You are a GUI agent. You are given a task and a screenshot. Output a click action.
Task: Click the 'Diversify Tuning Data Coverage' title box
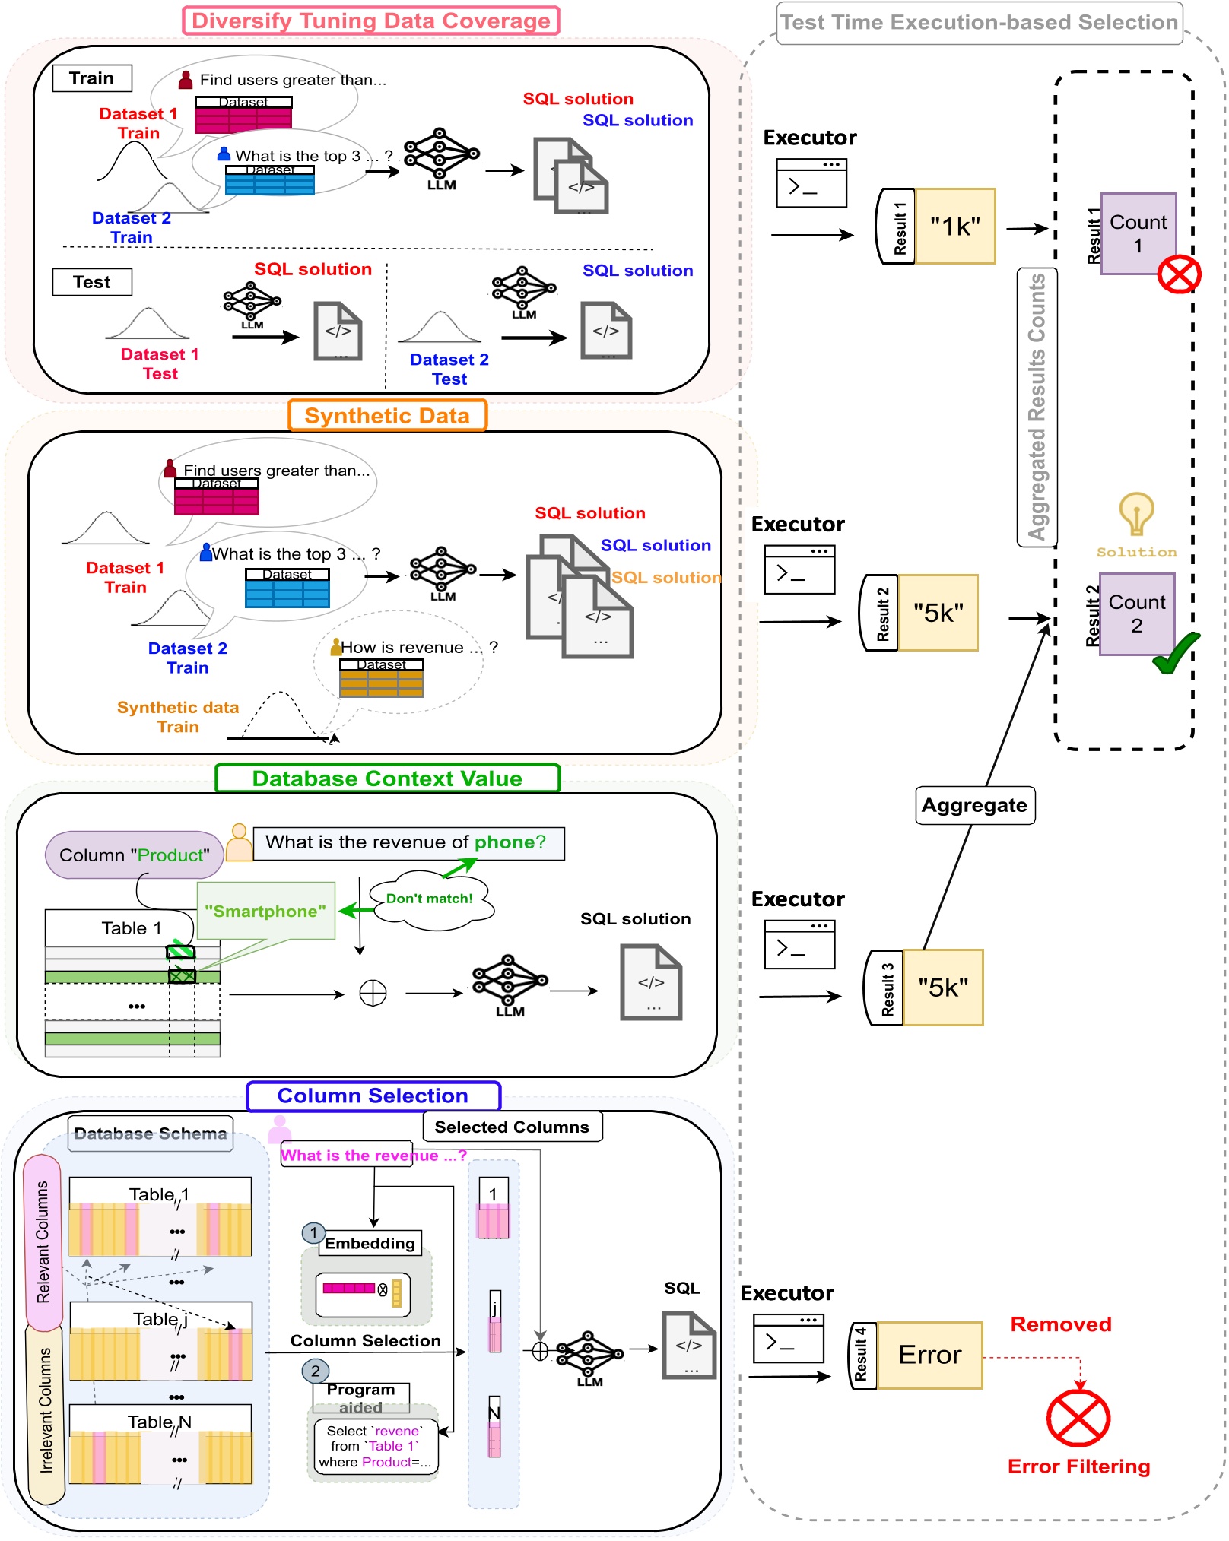[x=371, y=21]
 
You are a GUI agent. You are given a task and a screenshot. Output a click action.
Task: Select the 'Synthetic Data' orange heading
[x=387, y=416]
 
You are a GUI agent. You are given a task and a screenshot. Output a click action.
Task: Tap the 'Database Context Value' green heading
[x=387, y=778]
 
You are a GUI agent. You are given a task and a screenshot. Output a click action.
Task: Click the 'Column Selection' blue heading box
[x=373, y=1096]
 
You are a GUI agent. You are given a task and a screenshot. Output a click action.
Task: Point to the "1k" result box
[x=955, y=227]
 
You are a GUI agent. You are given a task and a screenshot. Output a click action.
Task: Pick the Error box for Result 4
[x=929, y=1355]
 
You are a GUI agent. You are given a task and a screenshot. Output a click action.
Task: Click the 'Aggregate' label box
[x=974, y=805]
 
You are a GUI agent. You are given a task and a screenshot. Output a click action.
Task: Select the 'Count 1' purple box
[x=1138, y=233]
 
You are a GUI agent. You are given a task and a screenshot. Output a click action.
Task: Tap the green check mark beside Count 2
[x=1176, y=652]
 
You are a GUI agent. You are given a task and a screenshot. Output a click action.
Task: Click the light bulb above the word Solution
[x=1136, y=514]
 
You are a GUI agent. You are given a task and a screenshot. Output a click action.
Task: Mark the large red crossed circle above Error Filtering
[x=1078, y=1419]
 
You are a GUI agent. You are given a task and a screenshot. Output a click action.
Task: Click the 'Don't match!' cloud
[x=430, y=899]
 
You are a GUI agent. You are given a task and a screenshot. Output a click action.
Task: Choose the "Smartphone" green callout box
[x=265, y=911]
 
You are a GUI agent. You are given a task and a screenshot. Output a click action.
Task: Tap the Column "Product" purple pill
[x=134, y=855]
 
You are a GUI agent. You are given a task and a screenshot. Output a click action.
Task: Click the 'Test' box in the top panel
[x=92, y=282]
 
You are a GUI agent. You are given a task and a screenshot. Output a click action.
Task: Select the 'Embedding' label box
[x=370, y=1244]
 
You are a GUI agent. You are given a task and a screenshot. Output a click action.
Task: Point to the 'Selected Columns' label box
[x=512, y=1127]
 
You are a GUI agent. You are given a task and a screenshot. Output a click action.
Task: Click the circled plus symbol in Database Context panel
[x=373, y=993]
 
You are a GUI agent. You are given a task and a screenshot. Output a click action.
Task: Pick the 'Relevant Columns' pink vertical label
[x=43, y=1241]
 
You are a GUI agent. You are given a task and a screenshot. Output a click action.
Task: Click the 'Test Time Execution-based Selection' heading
[x=979, y=23]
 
